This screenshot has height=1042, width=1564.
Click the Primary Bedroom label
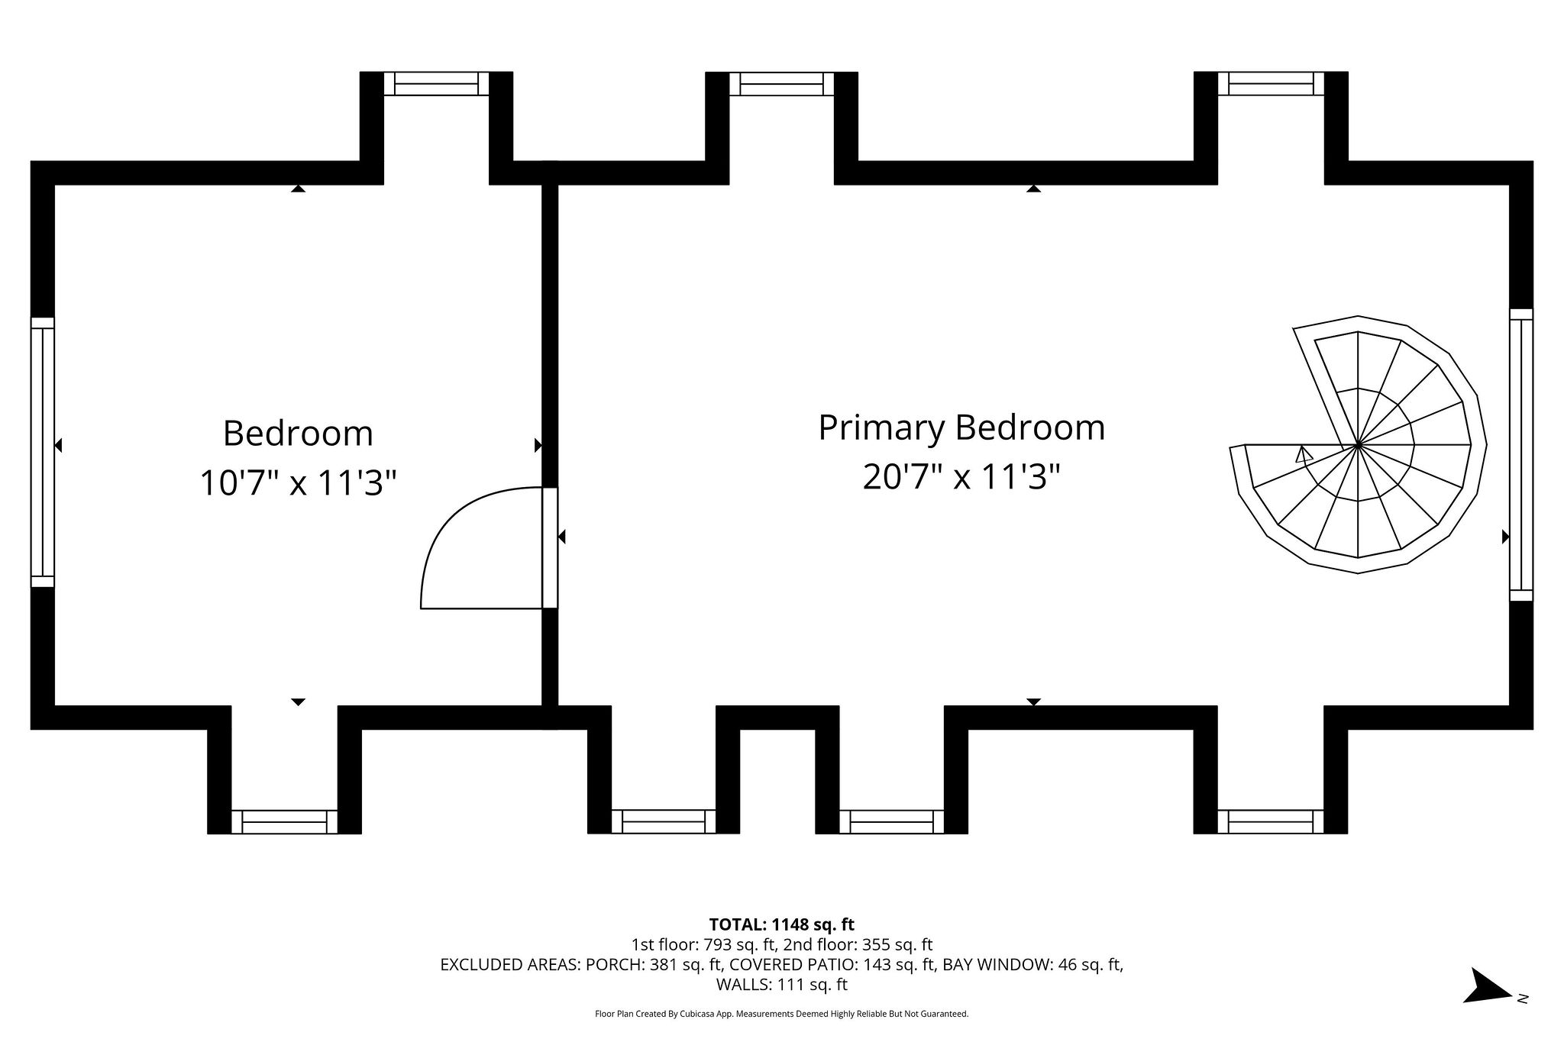(961, 427)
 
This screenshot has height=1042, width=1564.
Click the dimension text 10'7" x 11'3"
(298, 483)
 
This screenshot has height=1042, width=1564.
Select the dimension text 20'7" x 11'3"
(961, 478)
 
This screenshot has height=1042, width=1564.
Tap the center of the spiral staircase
(1357, 444)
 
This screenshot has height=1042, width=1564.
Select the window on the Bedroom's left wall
(43, 452)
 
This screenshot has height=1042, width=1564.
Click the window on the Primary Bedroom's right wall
(1520, 455)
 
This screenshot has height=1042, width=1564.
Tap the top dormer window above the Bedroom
(436, 83)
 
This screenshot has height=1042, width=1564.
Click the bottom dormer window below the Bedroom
(284, 821)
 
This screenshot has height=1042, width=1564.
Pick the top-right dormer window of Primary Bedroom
(1271, 83)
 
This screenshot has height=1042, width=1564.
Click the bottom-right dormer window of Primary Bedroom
(1271, 821)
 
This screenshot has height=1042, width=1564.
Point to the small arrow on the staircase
(1304, 456)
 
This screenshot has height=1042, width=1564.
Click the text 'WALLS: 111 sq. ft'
(781, 985)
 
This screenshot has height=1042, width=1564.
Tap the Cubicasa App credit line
(781, 1014)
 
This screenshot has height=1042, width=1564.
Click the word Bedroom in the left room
(298, 434)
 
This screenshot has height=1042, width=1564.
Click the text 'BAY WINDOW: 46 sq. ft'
(1032, 965)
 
